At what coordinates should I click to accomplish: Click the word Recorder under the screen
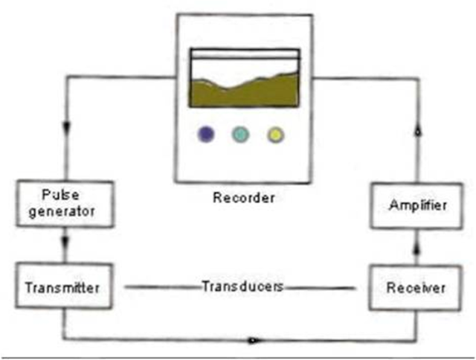point(244,198)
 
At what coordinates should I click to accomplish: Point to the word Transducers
point(242,286)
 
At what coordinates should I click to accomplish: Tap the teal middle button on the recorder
point(240,135)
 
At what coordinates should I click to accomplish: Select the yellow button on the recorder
point(276,135)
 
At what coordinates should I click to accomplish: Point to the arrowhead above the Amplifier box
point(416,131)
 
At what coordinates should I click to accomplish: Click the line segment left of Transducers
point(160,286)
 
